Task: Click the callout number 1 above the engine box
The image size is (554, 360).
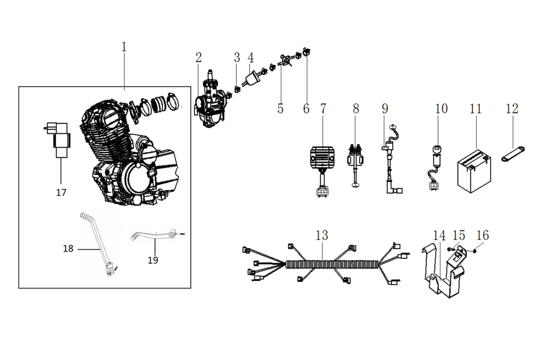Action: (x=124, y=47)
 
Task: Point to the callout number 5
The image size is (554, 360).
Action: (x=280, y=109)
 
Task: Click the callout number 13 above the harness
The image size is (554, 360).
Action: (x=322, y=235)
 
